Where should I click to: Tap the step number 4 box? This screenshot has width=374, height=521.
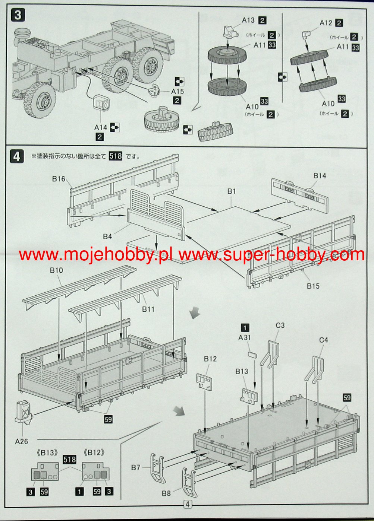click(x=17, y=156)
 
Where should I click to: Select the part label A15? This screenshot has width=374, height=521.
click(x=177, y=91)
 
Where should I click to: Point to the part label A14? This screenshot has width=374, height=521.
click(x=101, y=127)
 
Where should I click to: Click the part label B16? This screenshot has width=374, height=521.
click(x=59, y=179)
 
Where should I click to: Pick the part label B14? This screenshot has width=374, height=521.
click(x=320, y=175)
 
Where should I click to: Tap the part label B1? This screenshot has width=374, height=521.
click(x=232, y=191)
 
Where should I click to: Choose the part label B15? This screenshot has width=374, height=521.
click(x=313, y=286)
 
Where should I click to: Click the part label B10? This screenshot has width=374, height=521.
click(x=57, y=270)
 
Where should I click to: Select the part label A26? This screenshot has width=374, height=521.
click(x=22, y=442)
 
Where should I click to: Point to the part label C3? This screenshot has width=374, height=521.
click(x=280, y=325)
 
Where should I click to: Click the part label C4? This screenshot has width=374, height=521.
click(x=324, y=340)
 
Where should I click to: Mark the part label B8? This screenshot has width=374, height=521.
click(x=166, y=493)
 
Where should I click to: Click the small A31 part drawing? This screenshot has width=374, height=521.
click(x=253, y=354)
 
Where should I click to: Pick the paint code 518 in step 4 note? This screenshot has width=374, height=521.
click(x=115, y=156)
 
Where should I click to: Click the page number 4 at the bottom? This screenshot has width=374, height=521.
click(x=188, y=505)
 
